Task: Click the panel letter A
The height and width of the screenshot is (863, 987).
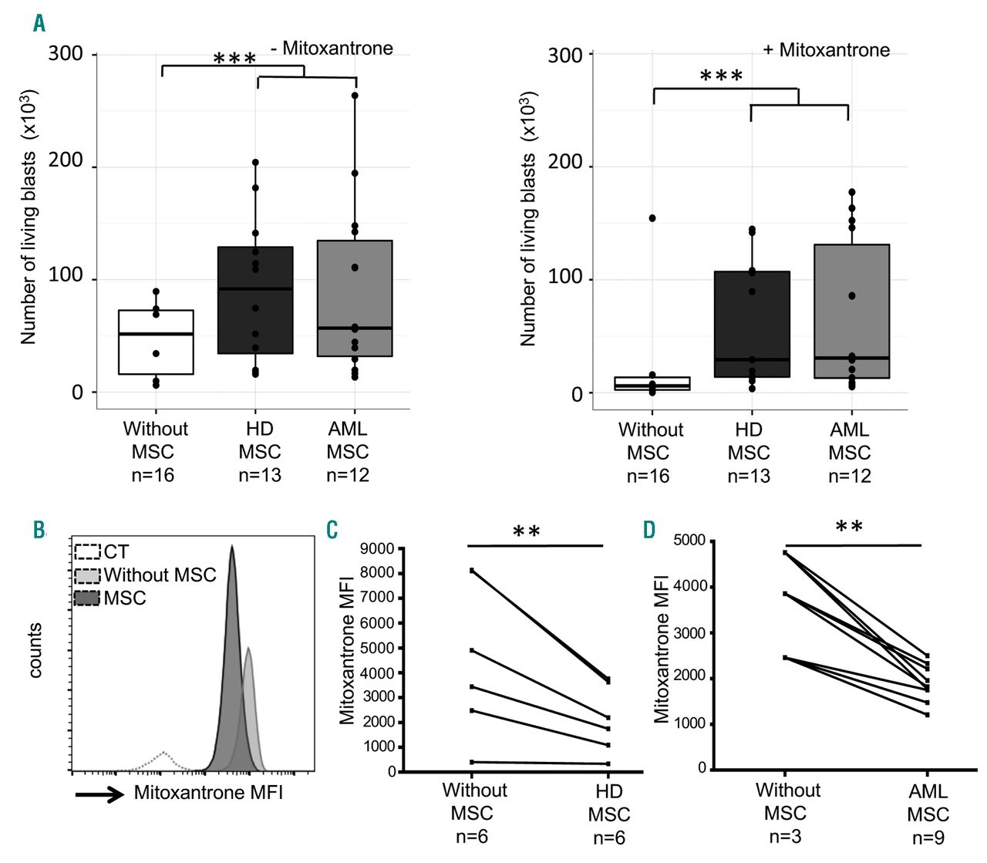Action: coord(39,24)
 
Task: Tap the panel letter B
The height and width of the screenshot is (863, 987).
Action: coord(39,530)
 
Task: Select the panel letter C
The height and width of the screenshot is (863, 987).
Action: coord(332,530)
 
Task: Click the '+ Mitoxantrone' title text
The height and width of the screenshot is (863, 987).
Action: coord(827,50)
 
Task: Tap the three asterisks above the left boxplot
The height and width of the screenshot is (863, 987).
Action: coord(234,59)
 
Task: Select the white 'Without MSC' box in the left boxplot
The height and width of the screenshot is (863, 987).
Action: coord(156,343)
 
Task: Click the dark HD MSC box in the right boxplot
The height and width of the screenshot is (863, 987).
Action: coord(752,324)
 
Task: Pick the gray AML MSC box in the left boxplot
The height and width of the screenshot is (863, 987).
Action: coord(355,298)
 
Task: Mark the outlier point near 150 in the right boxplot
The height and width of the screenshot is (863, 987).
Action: coord(652,218)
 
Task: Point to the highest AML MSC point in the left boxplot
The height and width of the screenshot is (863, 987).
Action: coord(355,96)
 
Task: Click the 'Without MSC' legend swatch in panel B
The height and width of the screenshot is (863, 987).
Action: coord(88,575)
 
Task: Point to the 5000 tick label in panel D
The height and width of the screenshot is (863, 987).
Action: coord(689,541)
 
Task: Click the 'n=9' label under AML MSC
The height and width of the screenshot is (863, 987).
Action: coord(928,838)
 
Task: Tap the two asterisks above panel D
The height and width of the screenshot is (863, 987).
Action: coord(849,527)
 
